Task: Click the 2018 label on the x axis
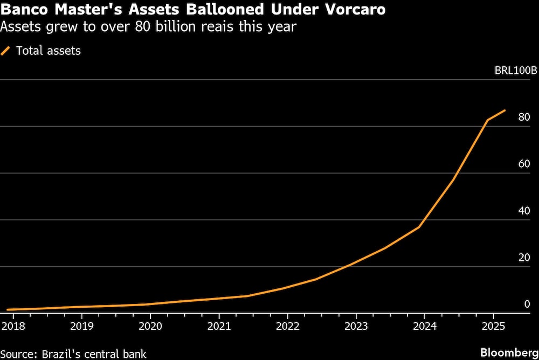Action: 13,326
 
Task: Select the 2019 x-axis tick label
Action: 82,326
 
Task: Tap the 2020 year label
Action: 150,326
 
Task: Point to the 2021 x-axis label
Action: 219,326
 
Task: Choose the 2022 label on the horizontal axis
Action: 287,326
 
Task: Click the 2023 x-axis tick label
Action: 356,326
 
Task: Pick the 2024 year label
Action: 424,326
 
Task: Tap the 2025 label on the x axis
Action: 493,326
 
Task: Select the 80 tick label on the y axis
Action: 524,117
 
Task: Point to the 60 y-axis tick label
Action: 524,164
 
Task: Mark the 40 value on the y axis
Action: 524,211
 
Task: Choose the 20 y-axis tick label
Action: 524,258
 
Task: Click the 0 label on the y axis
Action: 527,304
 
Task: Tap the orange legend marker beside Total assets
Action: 6,51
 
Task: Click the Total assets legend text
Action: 49,51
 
